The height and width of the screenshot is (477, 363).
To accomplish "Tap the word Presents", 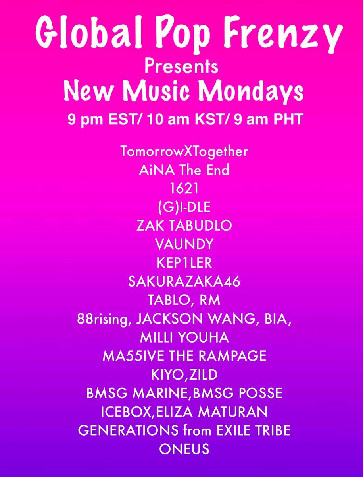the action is (181, 66).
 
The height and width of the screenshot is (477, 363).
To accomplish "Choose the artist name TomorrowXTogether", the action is (184, 152).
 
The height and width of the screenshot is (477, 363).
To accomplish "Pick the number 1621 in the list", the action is (184, 189).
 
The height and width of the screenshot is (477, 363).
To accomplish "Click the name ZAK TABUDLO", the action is (184, 226).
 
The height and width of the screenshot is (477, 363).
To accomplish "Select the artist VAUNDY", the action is (184, 244).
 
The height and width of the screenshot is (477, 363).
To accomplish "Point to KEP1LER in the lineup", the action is (184, 263).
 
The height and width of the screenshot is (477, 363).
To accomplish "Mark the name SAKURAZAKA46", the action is (184, 282).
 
